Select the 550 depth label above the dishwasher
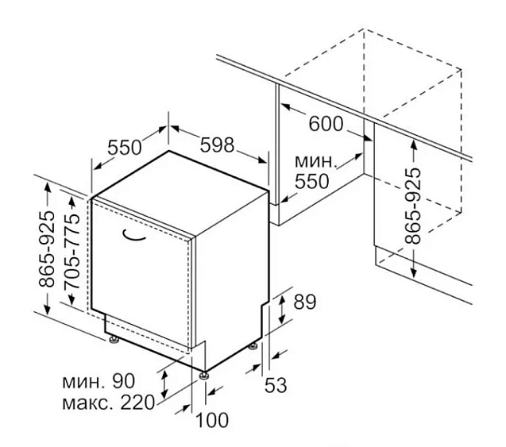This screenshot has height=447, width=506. [125, 148]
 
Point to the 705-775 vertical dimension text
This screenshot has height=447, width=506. [72, 252]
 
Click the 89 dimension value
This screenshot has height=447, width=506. [305, 302]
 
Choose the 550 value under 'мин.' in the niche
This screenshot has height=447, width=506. [311, 182]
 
